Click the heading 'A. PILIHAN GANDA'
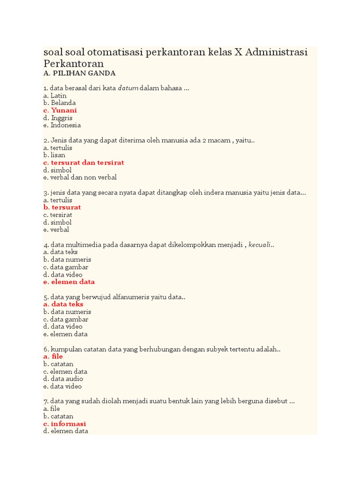[x=79, y=74]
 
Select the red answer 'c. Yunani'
[x=60, y=111]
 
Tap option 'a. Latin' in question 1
[x=55, y=96]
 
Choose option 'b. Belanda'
[x=59, y=103]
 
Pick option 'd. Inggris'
[x=58, y=118]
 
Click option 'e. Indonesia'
[x=62, y=126]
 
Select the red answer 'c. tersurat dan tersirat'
[x=83, y=163]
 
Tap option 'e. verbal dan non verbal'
[x=80, y=178]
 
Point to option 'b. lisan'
[x=54, y=155]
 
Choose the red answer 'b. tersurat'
[x=62, y=207]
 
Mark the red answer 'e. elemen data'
[x=69, y=282]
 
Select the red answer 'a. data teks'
[x=63, y=304]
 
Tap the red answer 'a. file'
[x=52, y=357]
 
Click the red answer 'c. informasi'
[x=64, y=424]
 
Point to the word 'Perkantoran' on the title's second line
[x=73, y=63]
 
